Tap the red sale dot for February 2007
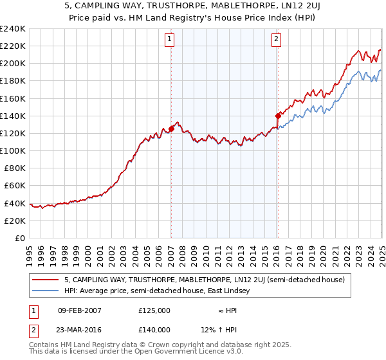[x=172, y=129]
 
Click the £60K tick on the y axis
[x=15, y=186]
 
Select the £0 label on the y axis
[x=21, y=238]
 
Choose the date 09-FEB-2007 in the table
[x=79, y=310]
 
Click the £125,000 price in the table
[x=154, y=310]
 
